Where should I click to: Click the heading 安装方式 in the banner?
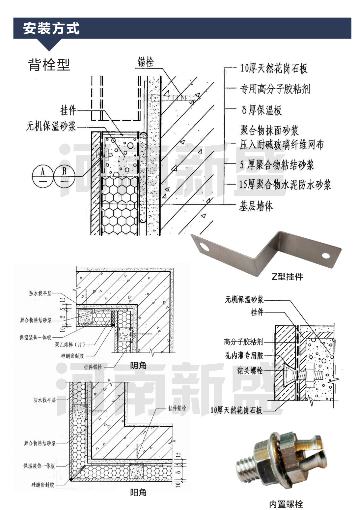51,28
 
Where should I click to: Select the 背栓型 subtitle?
49,65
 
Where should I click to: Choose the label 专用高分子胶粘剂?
275,88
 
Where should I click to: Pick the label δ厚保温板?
262,110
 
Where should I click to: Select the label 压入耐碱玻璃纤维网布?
281,145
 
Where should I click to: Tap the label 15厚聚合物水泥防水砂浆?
285,185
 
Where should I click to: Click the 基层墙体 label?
256,206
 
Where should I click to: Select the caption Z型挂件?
287,277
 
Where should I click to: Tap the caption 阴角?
138,365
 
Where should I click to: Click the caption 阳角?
138,493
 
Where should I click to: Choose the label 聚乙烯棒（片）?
70,345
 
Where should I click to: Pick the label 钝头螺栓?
250,371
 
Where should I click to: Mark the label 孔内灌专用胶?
244,355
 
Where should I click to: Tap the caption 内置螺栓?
286,504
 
